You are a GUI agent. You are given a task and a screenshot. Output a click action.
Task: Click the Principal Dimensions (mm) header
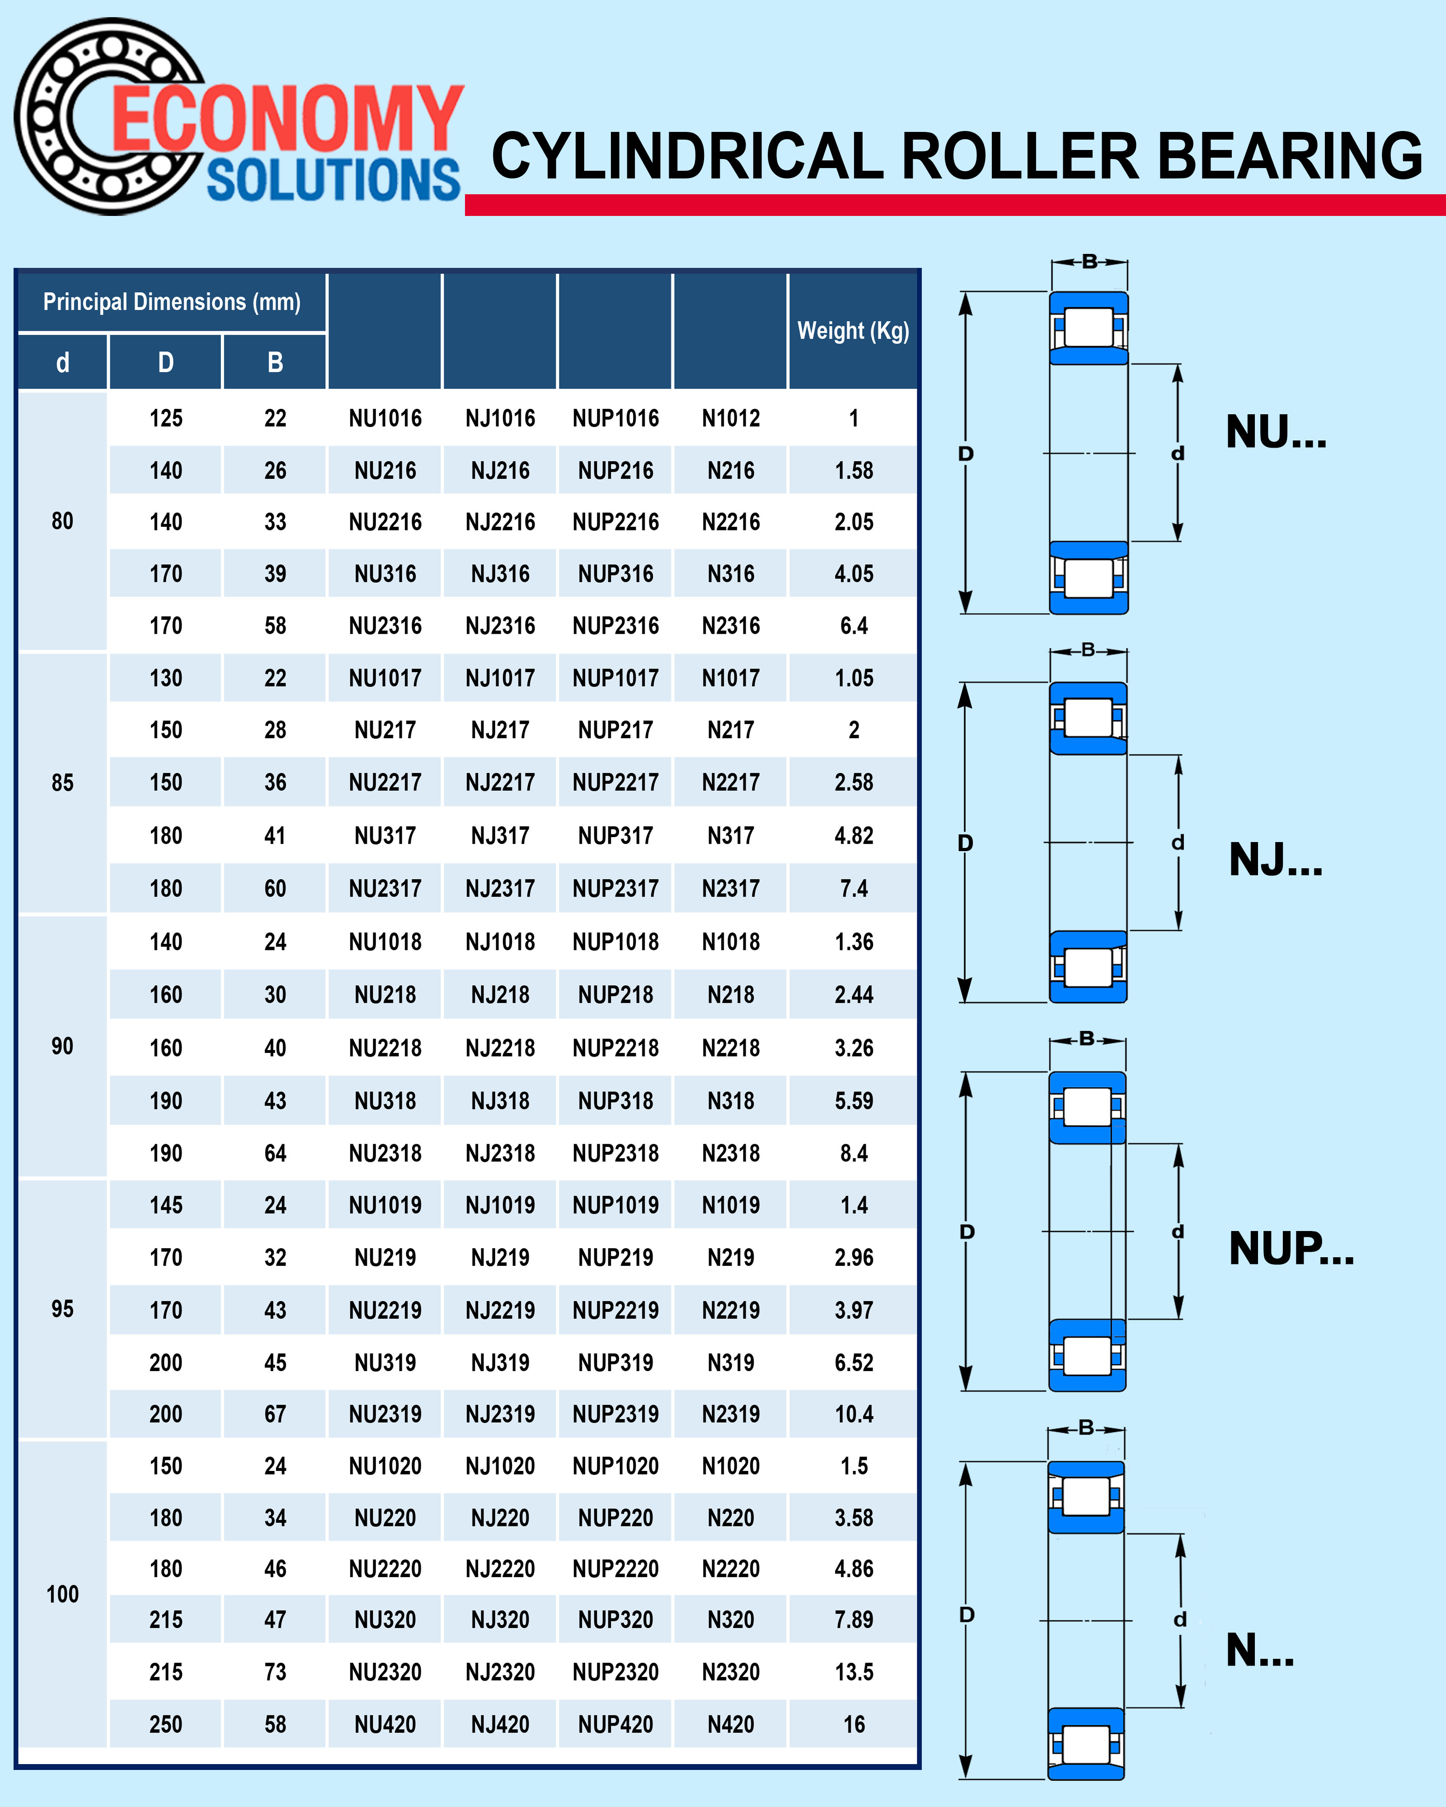pos(172,302)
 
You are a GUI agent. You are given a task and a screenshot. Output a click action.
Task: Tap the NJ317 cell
pos(500,836)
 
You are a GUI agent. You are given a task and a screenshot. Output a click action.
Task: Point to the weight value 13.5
pos(853,1672)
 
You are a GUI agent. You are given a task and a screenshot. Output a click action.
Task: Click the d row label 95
pos(62,1309)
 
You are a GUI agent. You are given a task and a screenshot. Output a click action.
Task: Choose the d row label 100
pos(62,1594)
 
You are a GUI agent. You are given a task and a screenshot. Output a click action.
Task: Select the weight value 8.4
pos(853,1153)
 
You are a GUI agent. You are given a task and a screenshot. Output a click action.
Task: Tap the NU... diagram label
pos(1276,432)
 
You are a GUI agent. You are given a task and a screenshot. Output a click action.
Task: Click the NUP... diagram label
pos(1291,1249)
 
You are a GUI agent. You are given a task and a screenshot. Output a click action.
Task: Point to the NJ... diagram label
pos(1276,860)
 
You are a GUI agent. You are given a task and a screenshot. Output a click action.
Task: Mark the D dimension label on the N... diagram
pos(967,1614)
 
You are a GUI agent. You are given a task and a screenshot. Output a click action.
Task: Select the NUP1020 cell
pos(615,1466)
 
